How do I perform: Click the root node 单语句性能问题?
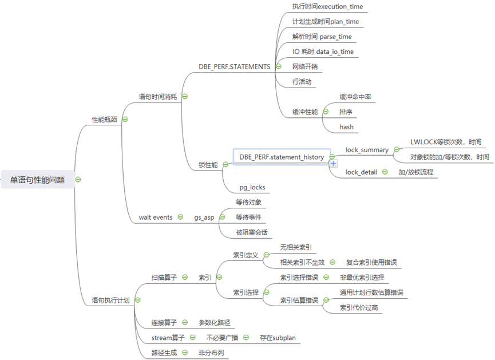pyautogui.click(x=37, y=180)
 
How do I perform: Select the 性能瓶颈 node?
pyautogui.click(x=105, y=120)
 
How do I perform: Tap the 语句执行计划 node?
pyautogui.click(x=110, y=299)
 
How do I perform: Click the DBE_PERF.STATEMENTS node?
pyautogui.click(x=234, y=66)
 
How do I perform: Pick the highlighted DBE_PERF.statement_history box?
pyautogui.click(x=281, y=157)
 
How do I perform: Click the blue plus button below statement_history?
pyautogui.click(x=333, y=164)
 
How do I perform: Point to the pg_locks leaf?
pyautogui.click(x=252, y=187)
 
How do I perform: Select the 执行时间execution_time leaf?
pyautogui.click(x=327, y=7)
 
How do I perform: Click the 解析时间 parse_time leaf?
pyautogui.click(x=322, y=37)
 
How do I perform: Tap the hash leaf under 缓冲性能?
pyautogui.click(x=346, y=126)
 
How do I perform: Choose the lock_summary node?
pyautogui.click(x=367, y=150)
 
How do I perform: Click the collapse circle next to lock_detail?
pyautogui.click(x=385, y=172)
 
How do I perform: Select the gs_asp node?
pyautogui.click(x=203, y=217)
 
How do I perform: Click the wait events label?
pyautogui.click(x=155, y=217)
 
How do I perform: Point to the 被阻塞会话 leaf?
pyautogui.click(x=251, y=232)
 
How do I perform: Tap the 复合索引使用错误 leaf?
pyautogui.click(x=371, y=263)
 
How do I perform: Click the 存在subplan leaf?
pyautogui.click(x=278, y=338)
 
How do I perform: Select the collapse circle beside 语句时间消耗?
pyautogui.click(x=184, y=97)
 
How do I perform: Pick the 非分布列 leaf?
pyautogui.click(x=211, y=353)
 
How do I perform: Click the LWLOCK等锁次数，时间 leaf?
pyautogui.click(x=446, y=142)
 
